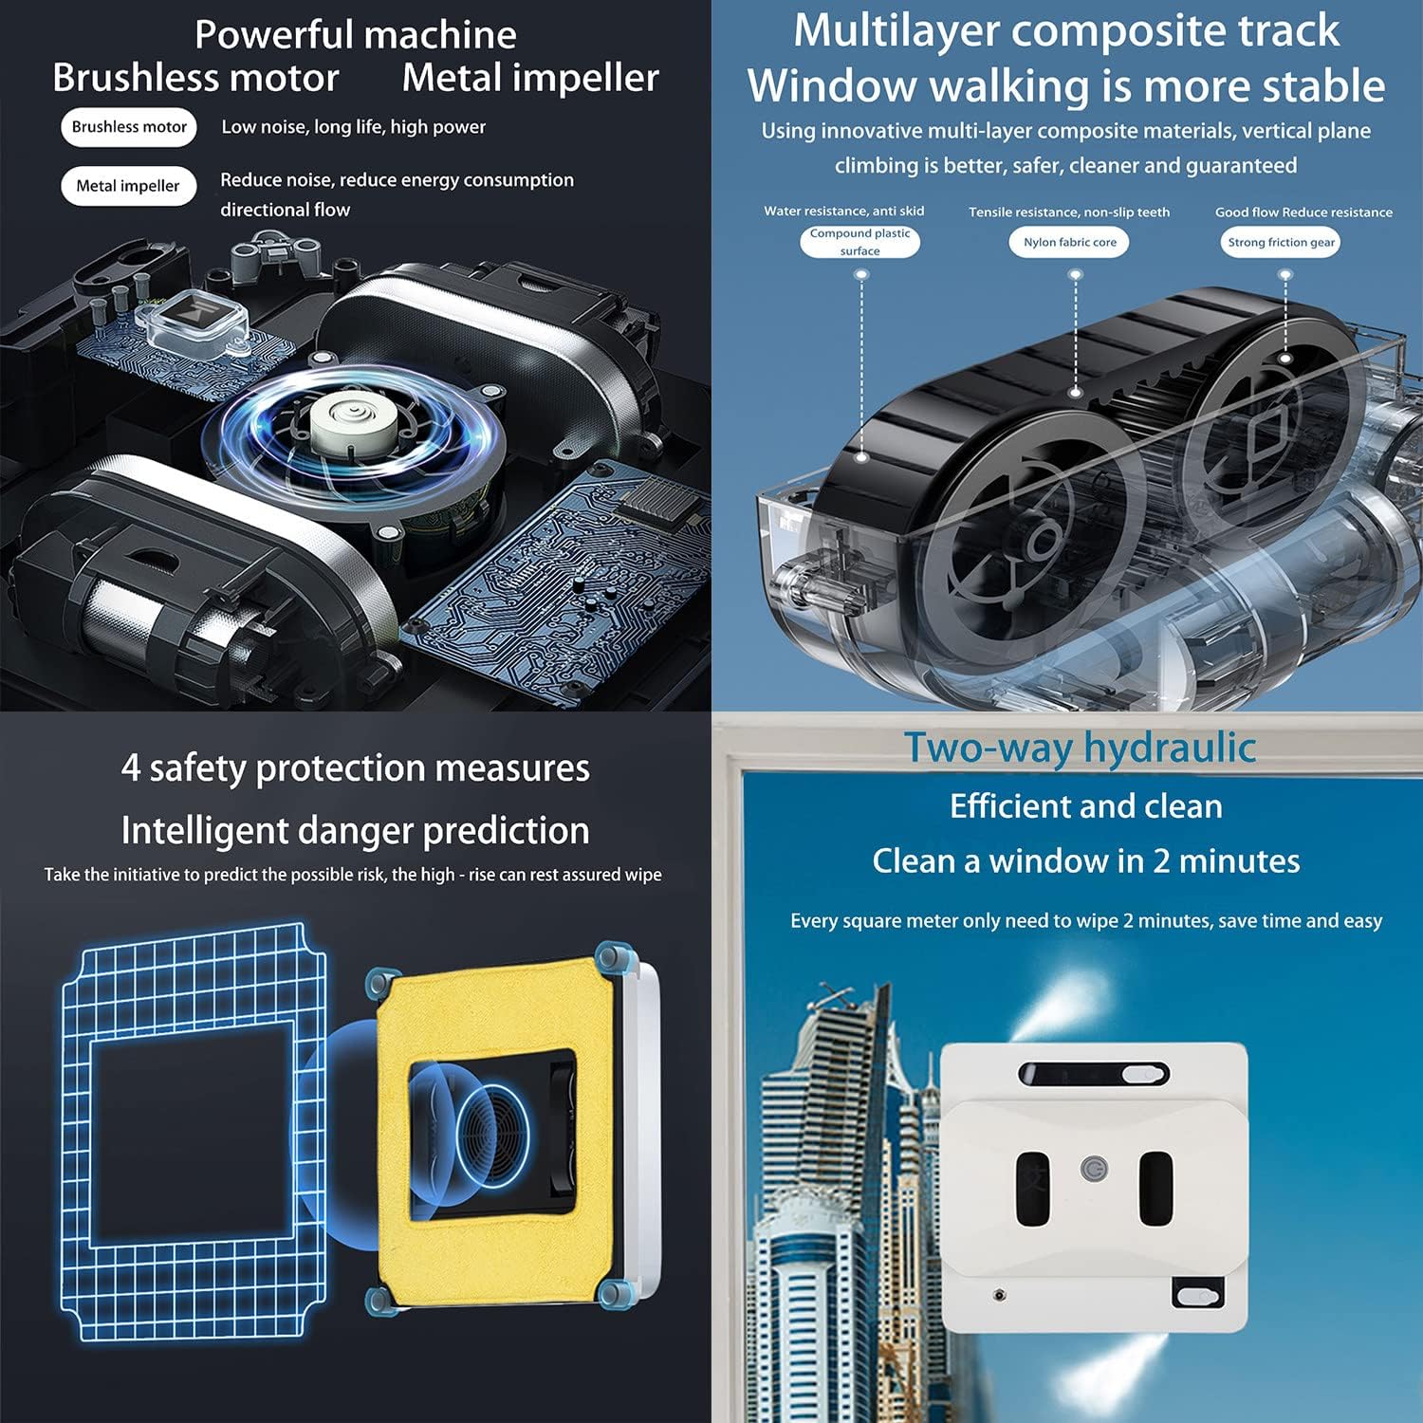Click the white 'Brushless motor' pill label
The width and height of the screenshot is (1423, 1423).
point(129,127)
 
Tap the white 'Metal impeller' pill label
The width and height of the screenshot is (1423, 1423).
point(128,186)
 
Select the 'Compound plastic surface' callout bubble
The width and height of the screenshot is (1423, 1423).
point(859,242)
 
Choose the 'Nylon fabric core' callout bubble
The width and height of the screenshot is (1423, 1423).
point(1070,242)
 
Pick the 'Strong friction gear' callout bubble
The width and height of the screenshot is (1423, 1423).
point(1281,242)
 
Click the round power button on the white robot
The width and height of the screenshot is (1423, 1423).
point(1095,1169)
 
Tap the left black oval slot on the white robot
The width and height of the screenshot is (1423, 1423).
point(1033,1188)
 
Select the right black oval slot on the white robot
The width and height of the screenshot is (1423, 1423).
point(1156,1188)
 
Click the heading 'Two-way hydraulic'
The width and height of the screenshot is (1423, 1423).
point(1080,748)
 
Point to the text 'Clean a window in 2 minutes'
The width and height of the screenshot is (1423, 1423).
point(1086,860)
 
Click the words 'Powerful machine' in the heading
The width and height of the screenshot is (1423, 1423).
point(356,35)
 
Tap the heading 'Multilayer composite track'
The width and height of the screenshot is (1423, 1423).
point(1066,31)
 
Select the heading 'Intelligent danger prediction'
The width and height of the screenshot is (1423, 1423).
point(356,831)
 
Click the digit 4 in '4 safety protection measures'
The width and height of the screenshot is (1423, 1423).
point(131,767)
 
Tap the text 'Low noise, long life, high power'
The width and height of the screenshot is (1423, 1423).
point(353,127)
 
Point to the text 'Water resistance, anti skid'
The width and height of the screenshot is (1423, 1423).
point(844,212)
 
